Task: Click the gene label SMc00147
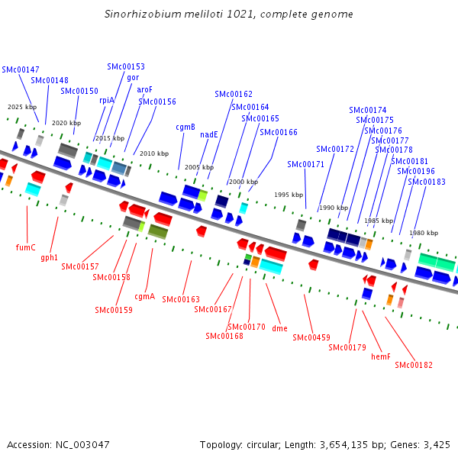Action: point(21,69)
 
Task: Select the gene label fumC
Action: point(26,247)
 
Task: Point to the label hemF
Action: point(380,356)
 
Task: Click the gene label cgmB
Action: point(185,127)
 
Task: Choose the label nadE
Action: point(209,134)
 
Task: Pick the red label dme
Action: point(279,328)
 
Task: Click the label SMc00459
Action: point(311,337)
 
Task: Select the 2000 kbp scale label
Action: point(244,182)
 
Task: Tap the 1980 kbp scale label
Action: point(424,233)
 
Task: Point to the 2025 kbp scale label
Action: point(21,107)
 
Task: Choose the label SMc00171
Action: point(306,164)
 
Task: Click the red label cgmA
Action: point(145,296)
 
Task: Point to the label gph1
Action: point(50,258)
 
